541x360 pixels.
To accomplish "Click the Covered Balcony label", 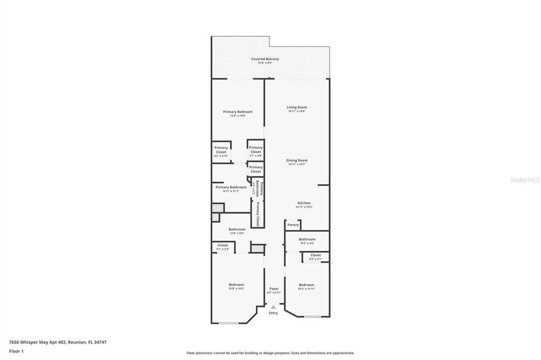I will click(265, 59).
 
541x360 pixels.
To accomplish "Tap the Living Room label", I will click(296, 107).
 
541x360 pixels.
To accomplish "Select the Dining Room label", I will click(296, 160).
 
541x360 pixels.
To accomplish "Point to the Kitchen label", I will click(304, 203).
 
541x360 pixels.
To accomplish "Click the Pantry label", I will click(293, 225).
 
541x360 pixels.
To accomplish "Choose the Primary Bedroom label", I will click(237, 112).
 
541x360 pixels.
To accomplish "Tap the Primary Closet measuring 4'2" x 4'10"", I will click(221, 150).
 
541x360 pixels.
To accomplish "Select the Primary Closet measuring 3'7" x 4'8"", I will click(256, 150).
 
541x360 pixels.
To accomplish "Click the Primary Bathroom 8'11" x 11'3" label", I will click(231, 187).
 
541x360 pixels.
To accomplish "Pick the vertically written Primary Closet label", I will click(258, 213).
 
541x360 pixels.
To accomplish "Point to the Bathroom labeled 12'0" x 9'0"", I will click(237, 230).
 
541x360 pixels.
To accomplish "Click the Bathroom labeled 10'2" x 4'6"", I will click(307, 240).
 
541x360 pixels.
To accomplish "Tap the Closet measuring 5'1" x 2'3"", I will click(223, 245).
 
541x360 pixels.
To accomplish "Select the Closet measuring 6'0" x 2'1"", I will click(315, 255).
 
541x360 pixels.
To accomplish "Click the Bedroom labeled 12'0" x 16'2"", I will click(236, 285).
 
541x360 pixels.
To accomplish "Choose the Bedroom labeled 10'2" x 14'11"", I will click(306, 285).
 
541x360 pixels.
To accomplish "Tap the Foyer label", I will click(274, 289).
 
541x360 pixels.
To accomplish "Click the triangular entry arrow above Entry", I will click(273, 307).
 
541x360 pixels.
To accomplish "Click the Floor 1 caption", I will click(16, 351).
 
